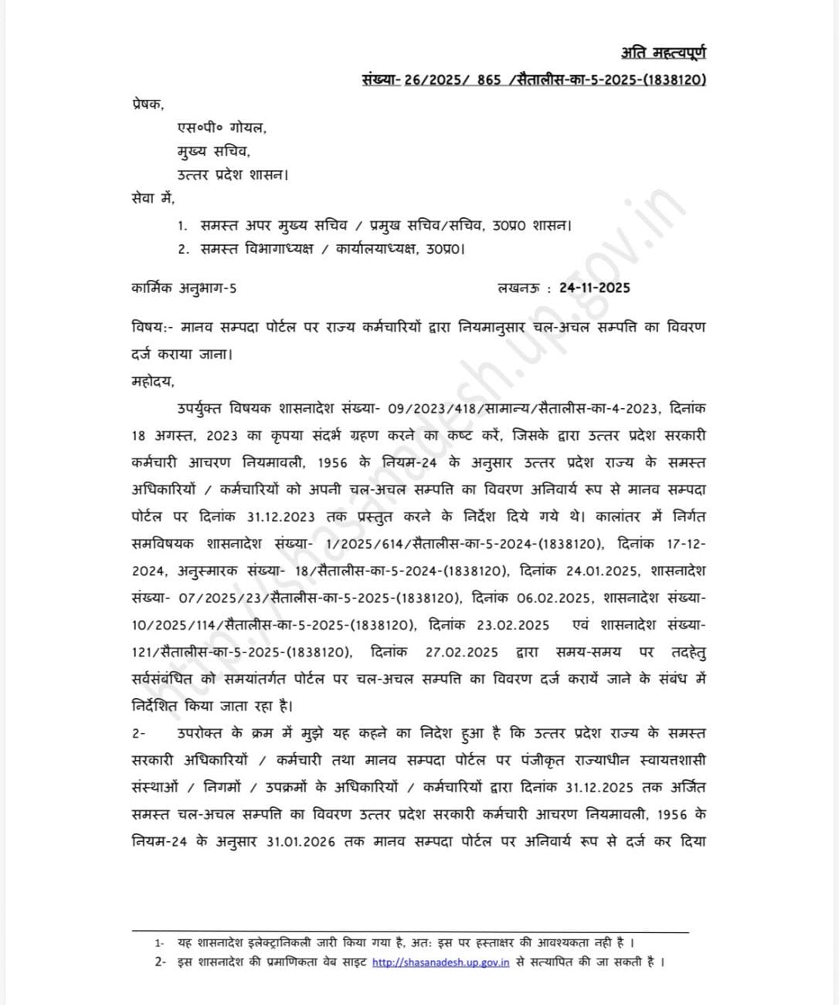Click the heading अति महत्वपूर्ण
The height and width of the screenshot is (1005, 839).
pyautogui.click(x=663, y=53)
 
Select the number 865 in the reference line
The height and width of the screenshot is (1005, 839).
pyautogui.click(x=488, y=80)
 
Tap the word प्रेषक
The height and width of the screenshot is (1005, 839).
pyautogui.click(x=147, y=104)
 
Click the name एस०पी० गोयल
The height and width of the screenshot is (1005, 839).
pyautogui.click(x=222, y=128)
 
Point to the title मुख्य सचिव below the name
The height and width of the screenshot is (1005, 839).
pyautogui.click(x=213, y=152)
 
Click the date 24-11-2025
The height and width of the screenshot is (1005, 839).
pyautogui.click(x=595, y=288)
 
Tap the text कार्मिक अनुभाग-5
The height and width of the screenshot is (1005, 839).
pyautogui.click(x=184, y=288)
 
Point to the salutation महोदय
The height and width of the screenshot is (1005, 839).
pyautogui.click(x=152, y=381)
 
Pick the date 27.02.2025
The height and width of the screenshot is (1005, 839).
pyautogui.click(x=462, y=652)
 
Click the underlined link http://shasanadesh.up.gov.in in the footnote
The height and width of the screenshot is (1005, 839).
pyautogui.click(x=440, y=962)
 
